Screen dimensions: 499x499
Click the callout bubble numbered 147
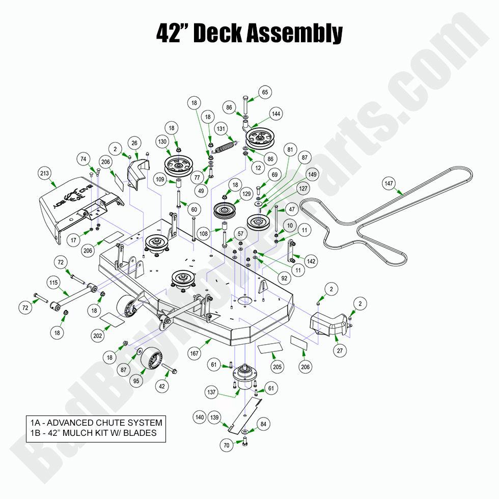pyautogui.click(x=389, y=183)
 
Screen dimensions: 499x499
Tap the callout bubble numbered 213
pyautogui.click(x=44, y=174)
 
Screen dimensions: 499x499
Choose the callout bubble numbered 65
pyautogui.click(x=265, y=92)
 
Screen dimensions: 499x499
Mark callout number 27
pyautogui.click(x=339, y=351)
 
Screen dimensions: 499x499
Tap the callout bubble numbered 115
pyautogui.click(x=53, y=282)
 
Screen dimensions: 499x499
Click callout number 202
pyautogui.click(x=98, y=336)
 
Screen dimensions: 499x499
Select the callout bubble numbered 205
pyautogui.click(x=277, y=367)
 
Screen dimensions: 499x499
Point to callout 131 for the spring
pyautogui.click(x=221, y=128)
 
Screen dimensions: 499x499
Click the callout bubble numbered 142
pyautogui.click(x=311, y=261)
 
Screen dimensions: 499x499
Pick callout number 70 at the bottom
pyautogui.click(x=227, y=446)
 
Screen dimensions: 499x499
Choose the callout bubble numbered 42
pyautogui.click(x=162, y=386)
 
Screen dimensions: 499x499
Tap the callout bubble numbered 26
pyautogui.click(x=135, y=143)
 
